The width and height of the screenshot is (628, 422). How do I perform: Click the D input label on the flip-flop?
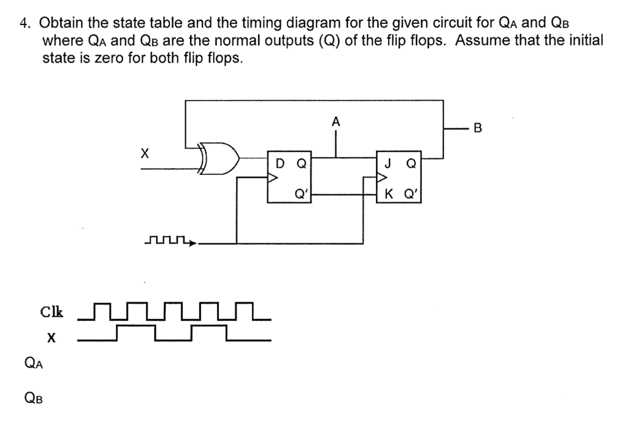pos(280,164)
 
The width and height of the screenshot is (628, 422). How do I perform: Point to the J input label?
pos(388,164)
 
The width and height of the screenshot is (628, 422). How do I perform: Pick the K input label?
pos(389,196)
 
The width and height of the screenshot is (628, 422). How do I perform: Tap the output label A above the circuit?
pos(335,122)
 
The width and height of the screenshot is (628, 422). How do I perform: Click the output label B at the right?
pos(478,128)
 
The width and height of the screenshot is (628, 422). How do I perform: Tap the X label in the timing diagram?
pos(52,337)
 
